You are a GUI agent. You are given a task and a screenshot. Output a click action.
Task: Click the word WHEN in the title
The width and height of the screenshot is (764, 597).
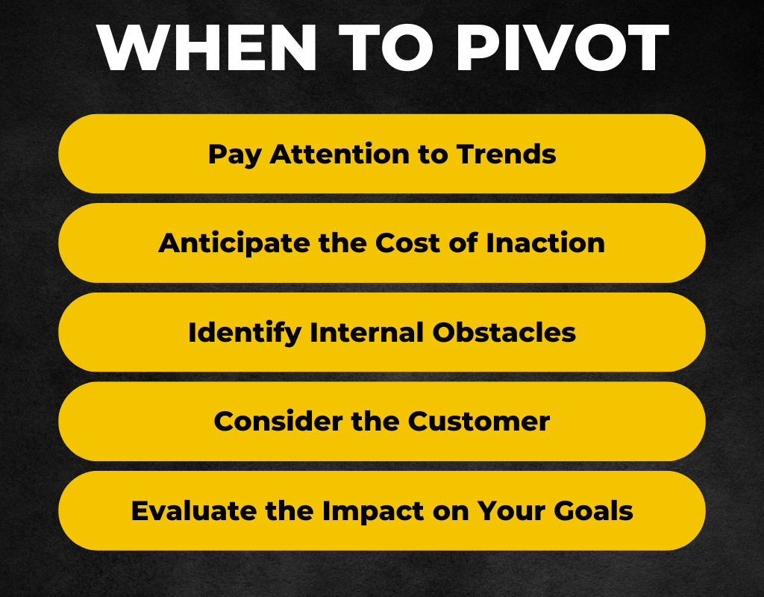(x=207, y=47)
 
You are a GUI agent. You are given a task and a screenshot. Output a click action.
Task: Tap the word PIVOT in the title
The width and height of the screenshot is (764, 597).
(x=562, y=47)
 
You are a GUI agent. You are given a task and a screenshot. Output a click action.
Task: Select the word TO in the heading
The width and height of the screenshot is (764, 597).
(x=386, y=47)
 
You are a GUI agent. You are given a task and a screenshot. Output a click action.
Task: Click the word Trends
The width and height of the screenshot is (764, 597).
(x=507, y=154)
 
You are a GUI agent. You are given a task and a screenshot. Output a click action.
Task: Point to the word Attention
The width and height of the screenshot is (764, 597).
(x=340, y=154)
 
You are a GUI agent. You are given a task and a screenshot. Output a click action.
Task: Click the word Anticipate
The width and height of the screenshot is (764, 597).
(x=234, y=244)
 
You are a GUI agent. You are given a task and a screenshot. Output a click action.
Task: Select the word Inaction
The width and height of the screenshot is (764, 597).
(x=545, y=243)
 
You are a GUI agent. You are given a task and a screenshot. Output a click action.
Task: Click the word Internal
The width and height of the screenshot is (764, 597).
(x=366, y=332)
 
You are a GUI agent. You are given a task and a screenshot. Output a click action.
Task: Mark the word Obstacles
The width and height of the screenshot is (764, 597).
(x=504, y=332)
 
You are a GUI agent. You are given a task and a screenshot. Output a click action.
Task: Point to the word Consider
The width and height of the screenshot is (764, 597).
(x=278, y=421)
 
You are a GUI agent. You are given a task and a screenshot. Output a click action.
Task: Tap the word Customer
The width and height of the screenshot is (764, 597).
(x=478, y=421)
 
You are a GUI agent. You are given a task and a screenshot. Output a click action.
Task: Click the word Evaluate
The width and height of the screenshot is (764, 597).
(x=194, y=510)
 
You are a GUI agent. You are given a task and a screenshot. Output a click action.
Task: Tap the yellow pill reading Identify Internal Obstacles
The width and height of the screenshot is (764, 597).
(x=382, y=332)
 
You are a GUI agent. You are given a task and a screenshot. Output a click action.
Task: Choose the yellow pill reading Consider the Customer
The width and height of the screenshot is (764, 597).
(x=382, y=422)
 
